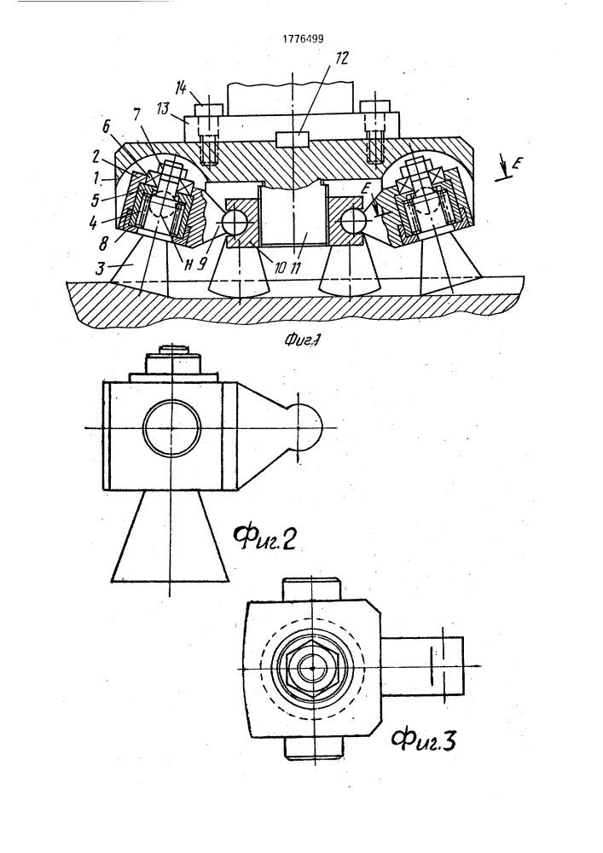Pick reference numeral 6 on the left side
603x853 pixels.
(x=107, y=127)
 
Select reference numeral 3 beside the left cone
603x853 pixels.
(x=100, y=268)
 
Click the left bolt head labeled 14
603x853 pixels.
(x=207, y=109)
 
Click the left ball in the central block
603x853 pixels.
(x=234, y=222)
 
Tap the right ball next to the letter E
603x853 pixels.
(x=353, y=221)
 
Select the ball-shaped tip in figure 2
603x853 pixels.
(x=308, y=427)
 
